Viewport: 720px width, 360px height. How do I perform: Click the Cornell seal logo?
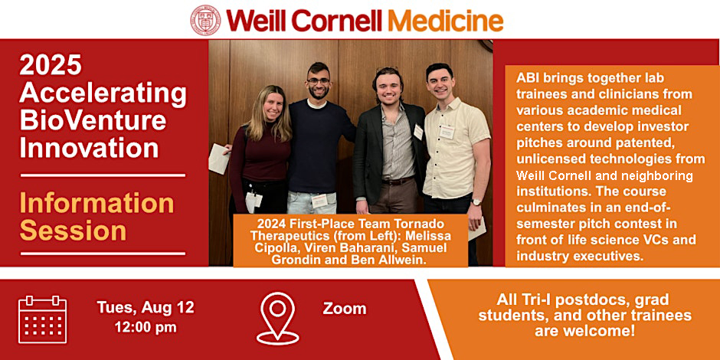pyautogui.click(x=205, y=20)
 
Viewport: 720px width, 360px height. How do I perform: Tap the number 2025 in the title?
pyautogui.click(x=51, y=65)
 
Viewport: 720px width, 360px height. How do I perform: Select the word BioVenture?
pyautogui.click(x=93, y=120)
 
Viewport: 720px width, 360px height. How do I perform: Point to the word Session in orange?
pyautogui.click(x=74, y=231)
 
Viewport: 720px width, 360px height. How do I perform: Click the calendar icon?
pyautogui.click(x=43, y=319)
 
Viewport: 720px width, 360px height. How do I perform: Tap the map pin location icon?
pyautogui.click(x=277, y=318)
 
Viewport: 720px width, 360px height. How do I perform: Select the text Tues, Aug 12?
pyautogui.click(x=146, y=307)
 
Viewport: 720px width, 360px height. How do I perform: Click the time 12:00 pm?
pyautogui.click(x=146, y=327)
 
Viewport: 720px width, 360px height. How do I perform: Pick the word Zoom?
pyautogui.click(x=345, y=309)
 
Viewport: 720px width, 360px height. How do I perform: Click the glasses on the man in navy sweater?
pyautogui.click(x=318, y=81)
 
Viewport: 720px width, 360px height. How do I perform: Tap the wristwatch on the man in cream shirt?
pyautogui.click(x=476, y=201)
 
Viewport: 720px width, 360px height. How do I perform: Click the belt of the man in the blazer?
pyautogui.click(x=398, y=181)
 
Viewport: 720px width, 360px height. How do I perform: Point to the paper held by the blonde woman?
pyautogui.click(x=218, y=159)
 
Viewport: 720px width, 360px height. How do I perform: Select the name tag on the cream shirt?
pyautogui.click(x=447, y=133)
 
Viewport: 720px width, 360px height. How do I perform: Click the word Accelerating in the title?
pyautogui.click(x=103, y=93)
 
